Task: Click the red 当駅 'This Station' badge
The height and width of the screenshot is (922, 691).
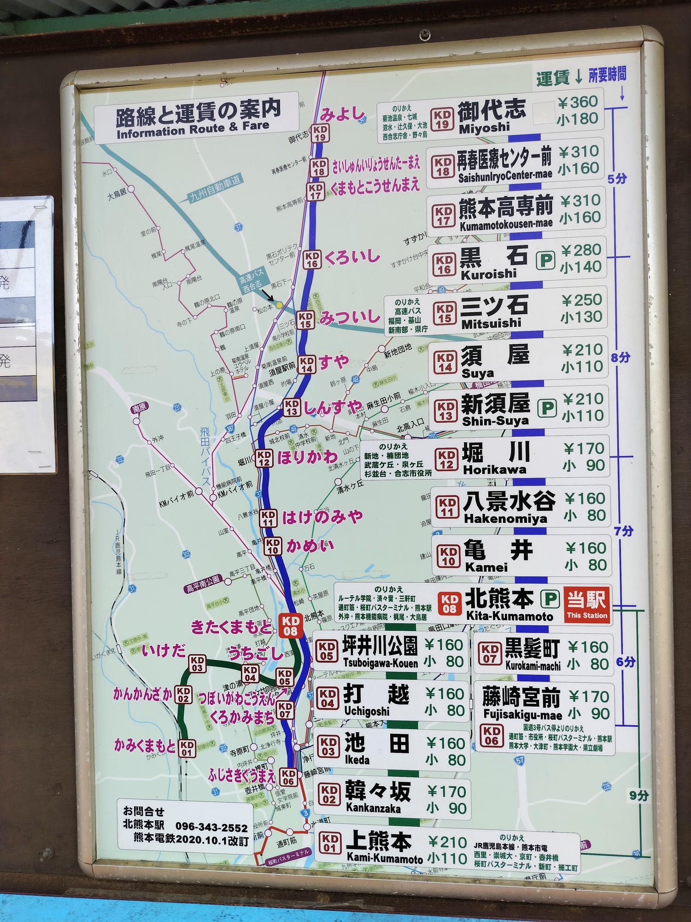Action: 586,604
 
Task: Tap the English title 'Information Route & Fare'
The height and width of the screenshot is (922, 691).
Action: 193,130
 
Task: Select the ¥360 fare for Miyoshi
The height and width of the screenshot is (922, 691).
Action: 578,102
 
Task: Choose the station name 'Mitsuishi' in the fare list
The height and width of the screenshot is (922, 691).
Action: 491,324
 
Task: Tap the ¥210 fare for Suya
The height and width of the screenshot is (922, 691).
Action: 582,350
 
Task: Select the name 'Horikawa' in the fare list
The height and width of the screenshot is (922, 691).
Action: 494,470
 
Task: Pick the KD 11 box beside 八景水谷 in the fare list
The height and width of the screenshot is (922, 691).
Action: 447,507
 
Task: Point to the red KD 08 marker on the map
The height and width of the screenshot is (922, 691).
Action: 290,626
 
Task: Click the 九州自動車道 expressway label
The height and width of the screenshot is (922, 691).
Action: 216,189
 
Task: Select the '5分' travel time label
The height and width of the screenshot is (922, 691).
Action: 617,178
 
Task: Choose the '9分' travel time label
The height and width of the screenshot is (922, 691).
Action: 639,795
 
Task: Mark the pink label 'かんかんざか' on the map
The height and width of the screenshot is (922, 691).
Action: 143,694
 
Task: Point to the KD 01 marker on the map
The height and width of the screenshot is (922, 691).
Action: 187,749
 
